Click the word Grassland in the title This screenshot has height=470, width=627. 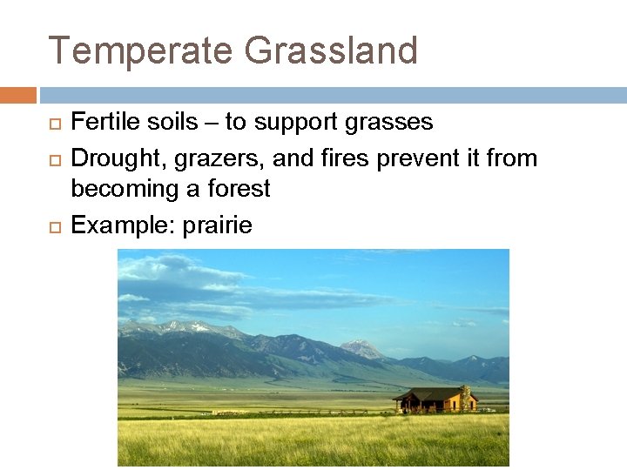331,50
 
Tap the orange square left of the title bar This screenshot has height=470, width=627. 18,95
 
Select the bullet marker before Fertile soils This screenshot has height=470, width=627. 52,123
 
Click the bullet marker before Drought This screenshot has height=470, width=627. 52,159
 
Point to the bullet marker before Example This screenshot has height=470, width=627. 52,226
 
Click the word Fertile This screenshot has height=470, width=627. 98,122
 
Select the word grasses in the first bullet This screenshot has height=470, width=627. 389,123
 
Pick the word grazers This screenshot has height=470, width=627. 197,159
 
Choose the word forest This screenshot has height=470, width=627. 241,189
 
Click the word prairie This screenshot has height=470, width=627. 223,226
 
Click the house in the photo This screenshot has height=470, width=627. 435,400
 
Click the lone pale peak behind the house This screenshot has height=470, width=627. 361,348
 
